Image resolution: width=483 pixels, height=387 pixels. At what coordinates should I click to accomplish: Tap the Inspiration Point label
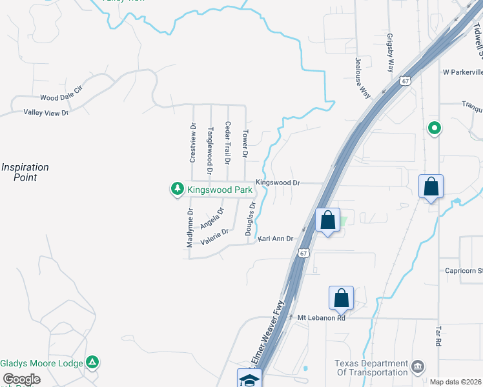25,172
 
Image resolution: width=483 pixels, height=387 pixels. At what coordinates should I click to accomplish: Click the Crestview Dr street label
192,143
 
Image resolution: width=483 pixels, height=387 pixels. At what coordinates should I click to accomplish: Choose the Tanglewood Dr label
209,150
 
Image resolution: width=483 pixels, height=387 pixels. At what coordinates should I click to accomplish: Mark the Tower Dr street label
245,144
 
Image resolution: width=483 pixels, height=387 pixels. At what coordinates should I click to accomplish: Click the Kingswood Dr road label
278,183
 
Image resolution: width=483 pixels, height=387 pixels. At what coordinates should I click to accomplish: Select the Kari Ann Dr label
276,239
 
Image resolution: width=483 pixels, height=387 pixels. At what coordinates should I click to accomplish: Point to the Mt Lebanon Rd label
322,317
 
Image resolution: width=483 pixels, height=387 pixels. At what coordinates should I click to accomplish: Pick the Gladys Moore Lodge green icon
93,362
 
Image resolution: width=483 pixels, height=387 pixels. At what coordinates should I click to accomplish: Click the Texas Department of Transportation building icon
417,367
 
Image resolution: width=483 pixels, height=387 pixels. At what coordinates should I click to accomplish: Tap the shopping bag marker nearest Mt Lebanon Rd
341,298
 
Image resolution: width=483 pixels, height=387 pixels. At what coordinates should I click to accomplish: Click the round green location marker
435,128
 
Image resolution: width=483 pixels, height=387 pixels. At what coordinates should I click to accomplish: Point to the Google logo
21,380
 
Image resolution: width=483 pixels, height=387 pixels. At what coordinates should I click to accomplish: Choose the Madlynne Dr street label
190,228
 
